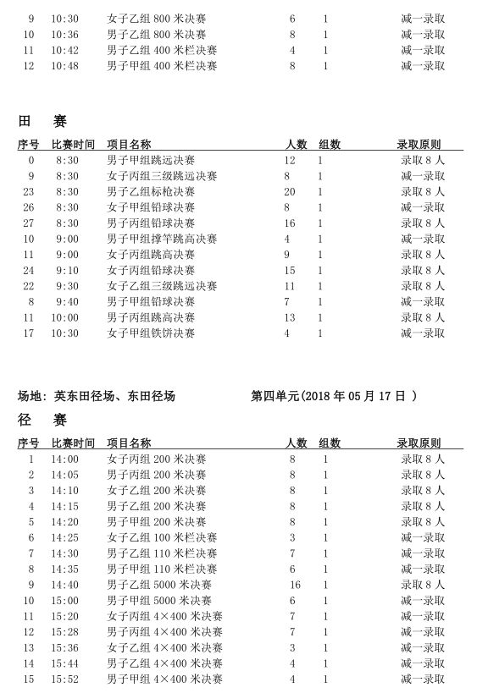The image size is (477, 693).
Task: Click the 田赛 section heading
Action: click(42, 122)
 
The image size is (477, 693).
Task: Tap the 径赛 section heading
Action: click(42, 421)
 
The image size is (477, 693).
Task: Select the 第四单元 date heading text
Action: click(334, 396)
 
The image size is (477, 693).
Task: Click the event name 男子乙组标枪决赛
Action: click(151, 192)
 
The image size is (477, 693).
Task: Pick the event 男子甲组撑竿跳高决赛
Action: click(162, 239)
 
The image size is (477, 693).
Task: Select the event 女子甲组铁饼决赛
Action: click(151, 333)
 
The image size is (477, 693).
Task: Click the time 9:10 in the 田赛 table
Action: click(67, 271)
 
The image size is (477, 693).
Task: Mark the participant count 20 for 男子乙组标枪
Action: click(290, 192)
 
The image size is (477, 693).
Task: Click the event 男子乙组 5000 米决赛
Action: click(159, 585)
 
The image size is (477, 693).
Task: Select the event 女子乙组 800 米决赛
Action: click(157, 19)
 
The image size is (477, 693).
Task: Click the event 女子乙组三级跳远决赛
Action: click(162, 286)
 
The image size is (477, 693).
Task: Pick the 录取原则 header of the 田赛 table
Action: click(419, 145)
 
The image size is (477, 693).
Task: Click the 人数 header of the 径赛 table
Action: click(296, 443)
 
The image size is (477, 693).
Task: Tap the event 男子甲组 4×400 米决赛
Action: click(164, 679)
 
